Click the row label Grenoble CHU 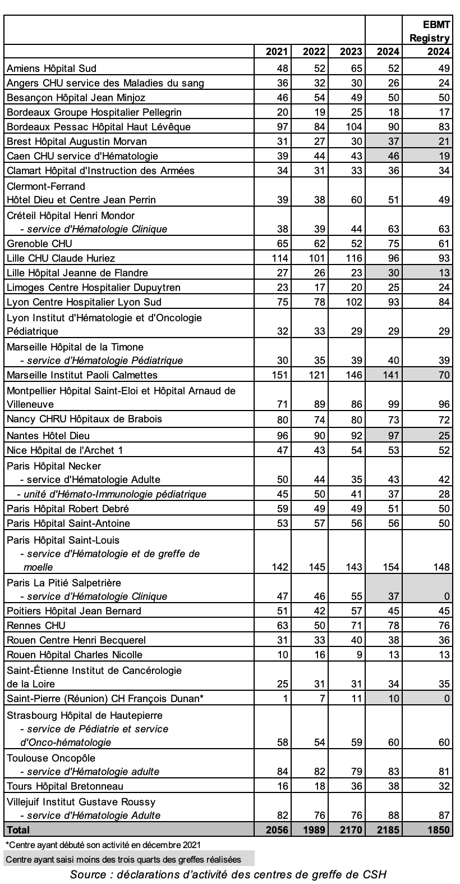click(x=39, y=243)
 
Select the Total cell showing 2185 click(x=385, y=830)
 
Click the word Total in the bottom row click(x=18, y=830)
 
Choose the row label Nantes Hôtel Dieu click(x=48, y=435)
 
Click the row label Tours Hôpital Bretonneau click(x=65, y=786)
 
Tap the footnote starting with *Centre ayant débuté click(x=103, y=844)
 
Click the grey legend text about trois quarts click(x=123, y=859)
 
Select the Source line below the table click(x=228, y=874)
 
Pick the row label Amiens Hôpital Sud click(x=51, y=69)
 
